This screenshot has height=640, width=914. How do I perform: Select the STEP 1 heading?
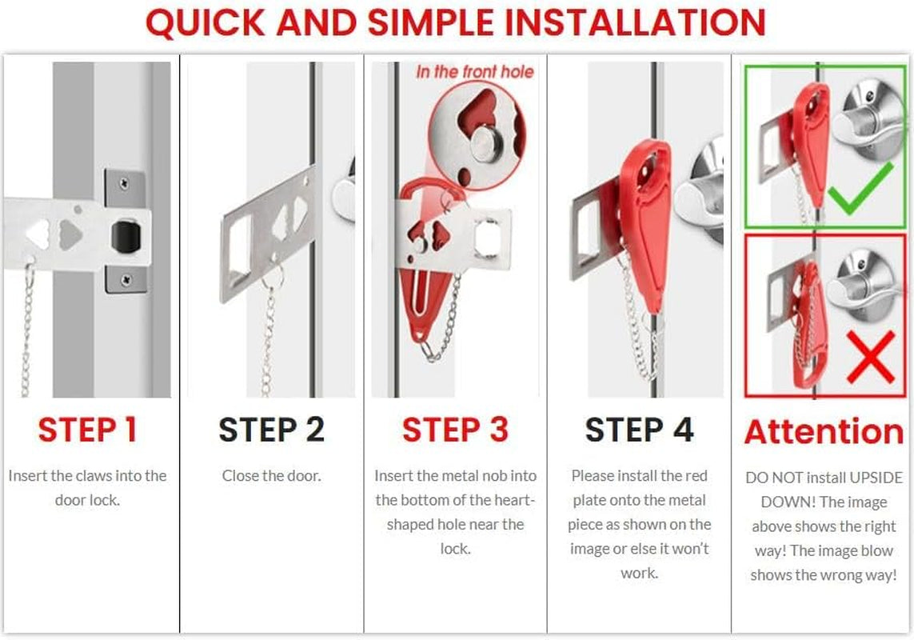(87, 430)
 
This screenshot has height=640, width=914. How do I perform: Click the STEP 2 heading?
(272, 430)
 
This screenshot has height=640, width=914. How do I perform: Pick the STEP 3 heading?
(455, 430)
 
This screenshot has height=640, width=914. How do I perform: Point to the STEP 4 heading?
(640, 430)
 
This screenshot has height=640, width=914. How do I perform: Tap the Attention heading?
(824, 431)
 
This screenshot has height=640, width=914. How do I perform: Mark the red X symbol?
(870, 357)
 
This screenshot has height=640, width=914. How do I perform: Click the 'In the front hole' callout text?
(474, 72)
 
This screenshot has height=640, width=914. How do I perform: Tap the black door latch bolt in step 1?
(126, 236)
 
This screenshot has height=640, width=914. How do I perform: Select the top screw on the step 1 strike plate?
(124, 184)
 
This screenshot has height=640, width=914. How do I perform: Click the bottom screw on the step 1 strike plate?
(126, 280)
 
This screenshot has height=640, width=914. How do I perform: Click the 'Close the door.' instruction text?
(272, 475)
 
